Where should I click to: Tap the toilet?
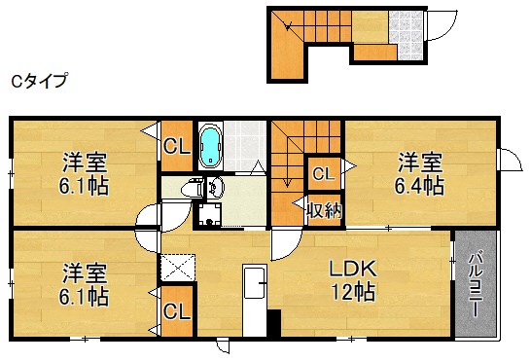192,187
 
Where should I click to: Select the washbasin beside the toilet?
215,187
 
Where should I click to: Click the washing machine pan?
209,214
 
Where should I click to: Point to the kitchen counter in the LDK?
255,300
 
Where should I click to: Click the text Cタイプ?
39,82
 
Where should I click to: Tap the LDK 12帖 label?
353,280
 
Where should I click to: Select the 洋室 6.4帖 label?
419,174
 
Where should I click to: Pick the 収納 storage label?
325,211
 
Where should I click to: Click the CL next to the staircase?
324,174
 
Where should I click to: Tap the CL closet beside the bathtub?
176,146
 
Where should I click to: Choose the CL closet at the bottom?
176,311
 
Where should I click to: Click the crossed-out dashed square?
178,268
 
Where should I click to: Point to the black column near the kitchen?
274,323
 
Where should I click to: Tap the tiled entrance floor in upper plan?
407,35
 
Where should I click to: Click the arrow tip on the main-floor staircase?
287,187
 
